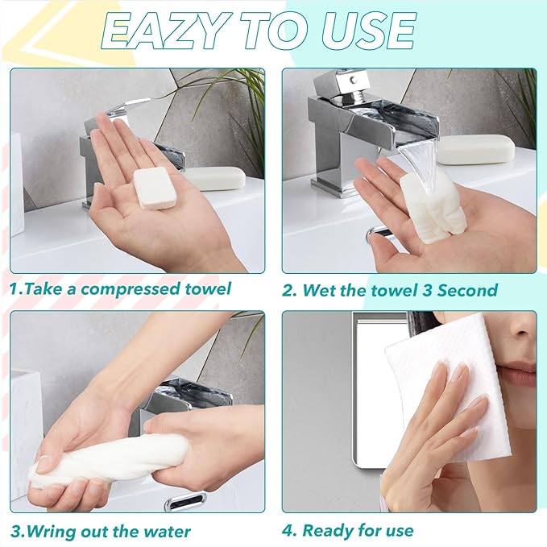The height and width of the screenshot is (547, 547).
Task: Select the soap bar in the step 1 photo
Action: click(x=215, y=178)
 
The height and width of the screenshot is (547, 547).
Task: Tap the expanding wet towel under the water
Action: click(x=428, y=205)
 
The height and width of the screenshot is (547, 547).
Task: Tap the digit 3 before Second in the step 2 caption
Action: click(x=427, y=290)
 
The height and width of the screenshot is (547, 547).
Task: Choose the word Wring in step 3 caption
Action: click(x=52, y=532)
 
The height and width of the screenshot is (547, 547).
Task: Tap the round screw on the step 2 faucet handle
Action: click(x=354, y=80)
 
